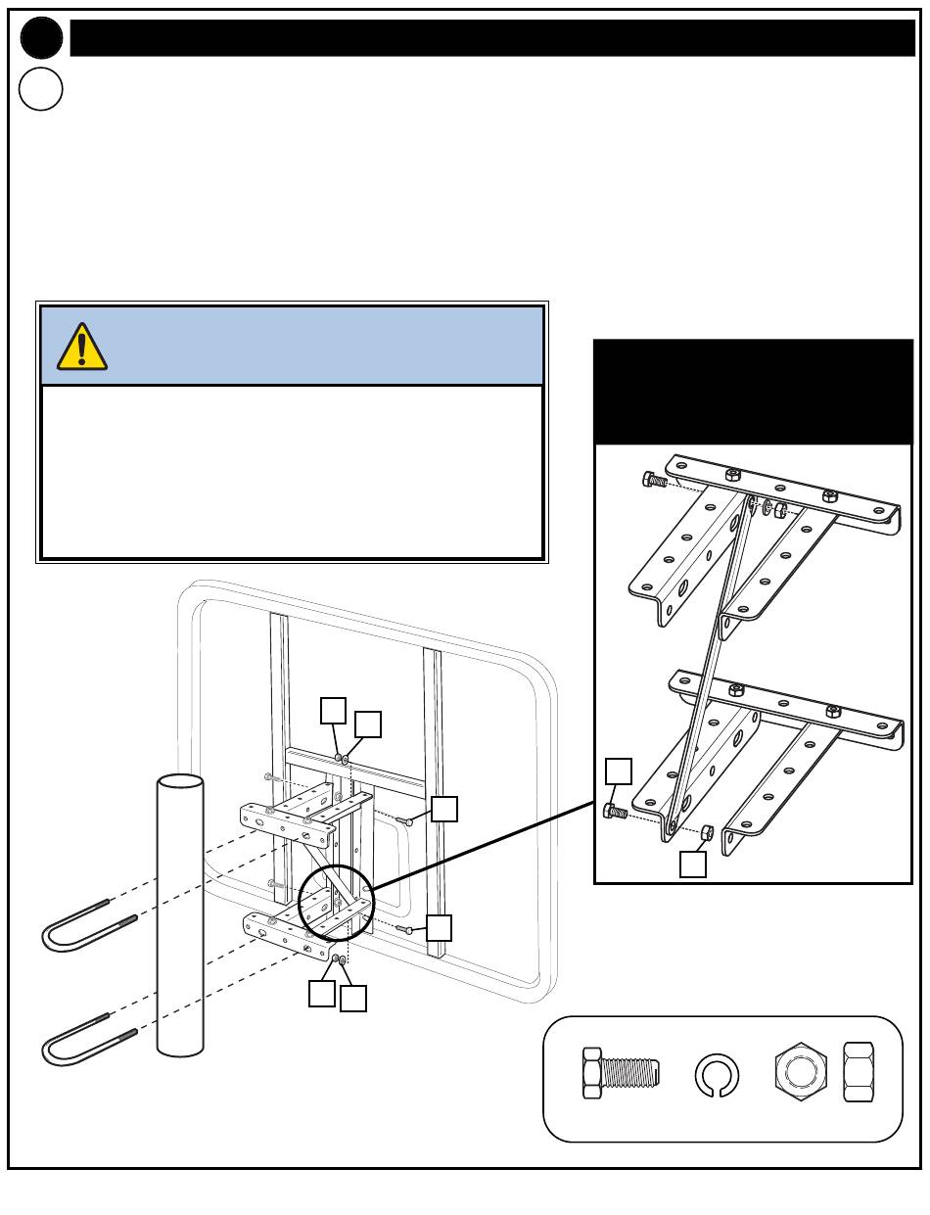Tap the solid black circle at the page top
click(41, 38)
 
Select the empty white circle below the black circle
click(41, 89)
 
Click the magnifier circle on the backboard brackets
click(335, 901)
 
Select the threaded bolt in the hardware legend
click(620, 1074)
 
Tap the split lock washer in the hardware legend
click(717, 1076)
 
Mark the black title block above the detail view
click(754, 392)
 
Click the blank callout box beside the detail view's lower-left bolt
click(619, 771)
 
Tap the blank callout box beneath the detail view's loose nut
click(693, 865)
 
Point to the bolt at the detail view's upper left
click(653, 480)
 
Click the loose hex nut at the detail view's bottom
click(707, 833)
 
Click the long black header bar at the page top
click(491, 38)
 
